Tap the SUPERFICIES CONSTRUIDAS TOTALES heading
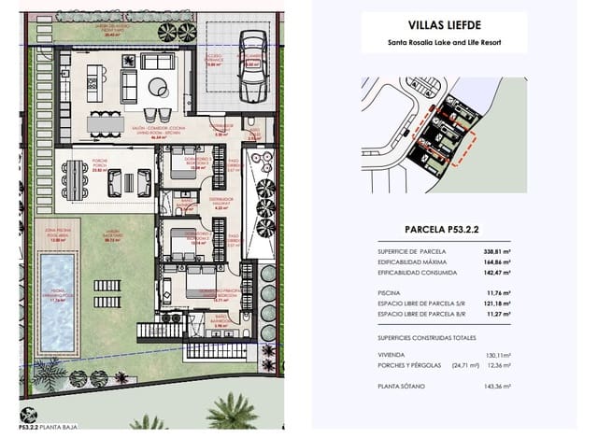click(427, 337)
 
